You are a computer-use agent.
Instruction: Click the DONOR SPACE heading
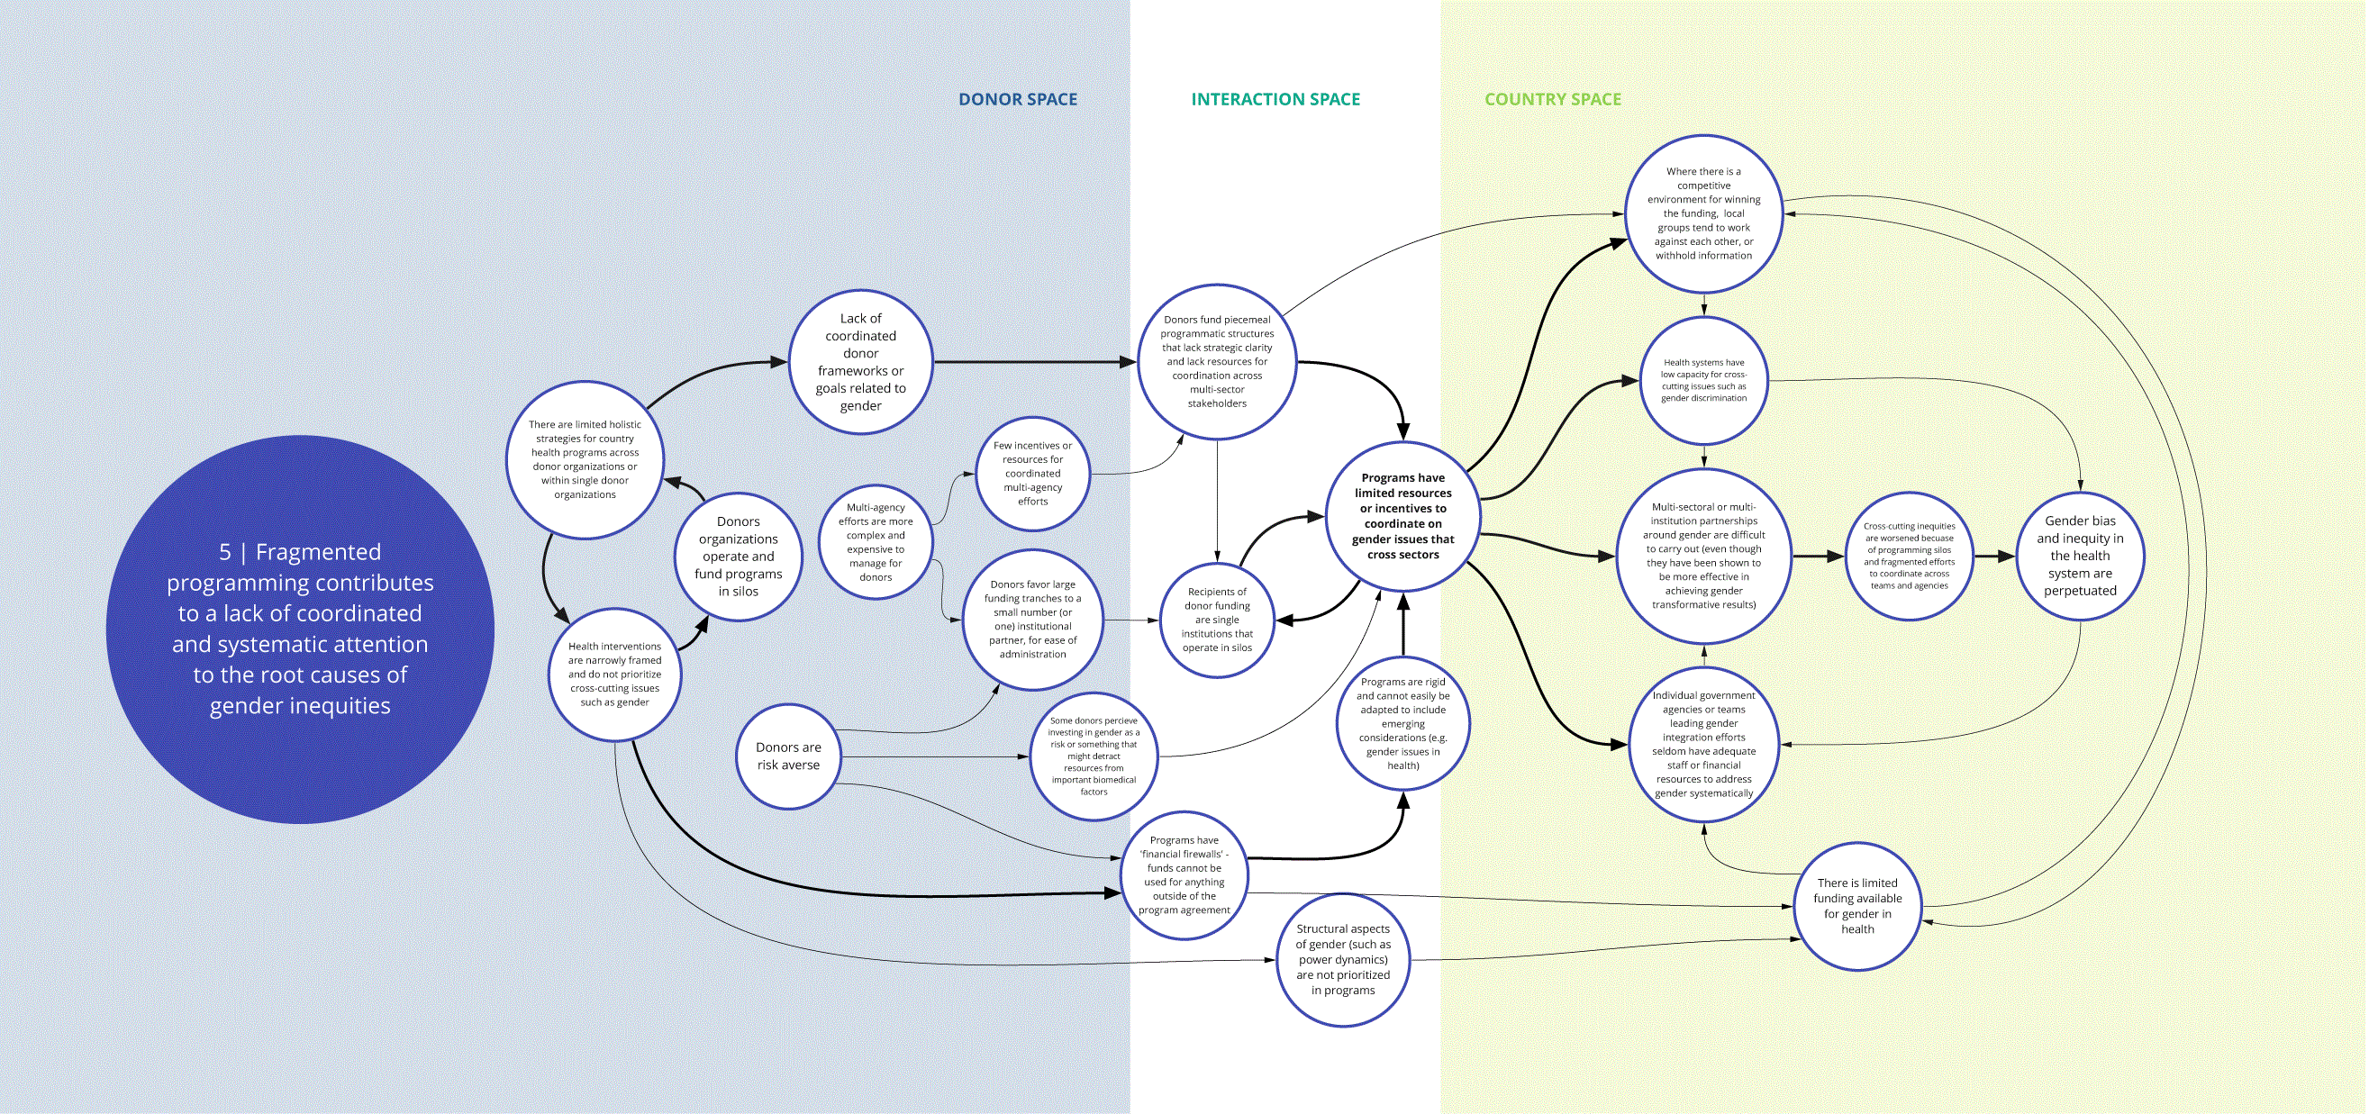pyautogui.click(x=1017, y=99)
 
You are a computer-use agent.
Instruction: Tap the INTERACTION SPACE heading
pyautogui.click(x=1275, y=99)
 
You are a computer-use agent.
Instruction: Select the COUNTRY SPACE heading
pyautogui.click(x=1552, y=99)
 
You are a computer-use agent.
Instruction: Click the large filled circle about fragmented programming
pyautogui.click(x=300, y=629)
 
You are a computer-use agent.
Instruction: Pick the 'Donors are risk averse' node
pyautogui.click(x=788, y=756)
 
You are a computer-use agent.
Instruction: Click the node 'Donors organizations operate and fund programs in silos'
pyautogui.click(x=738, y=556)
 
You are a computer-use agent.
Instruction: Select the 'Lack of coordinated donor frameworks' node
pyautogui.click(x=861, y=362)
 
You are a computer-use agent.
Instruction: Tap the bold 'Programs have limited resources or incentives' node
pyautogui.click(x=1402, y=517)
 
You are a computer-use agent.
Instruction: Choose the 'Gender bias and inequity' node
pyautogui.click(x=2080, y=556)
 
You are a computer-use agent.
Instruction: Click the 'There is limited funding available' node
pyautogui.click(x=1857, y=906)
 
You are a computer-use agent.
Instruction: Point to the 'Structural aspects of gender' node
pyautogui.click(x=1343, y=960)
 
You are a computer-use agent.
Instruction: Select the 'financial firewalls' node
pyautogui.click(x=1184, y=875)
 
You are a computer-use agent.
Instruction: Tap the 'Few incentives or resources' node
pyautogui.click(x=1033, y=474)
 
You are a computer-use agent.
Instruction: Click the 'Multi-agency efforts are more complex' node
pyautogui.click(x=876, y=542)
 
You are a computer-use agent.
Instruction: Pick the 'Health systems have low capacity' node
pyautogui.click(x=1704, y=381)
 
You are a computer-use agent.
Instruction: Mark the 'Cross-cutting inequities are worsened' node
pyautogui.click(x=1910, y=556)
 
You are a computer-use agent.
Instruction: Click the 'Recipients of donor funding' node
pyautogui.click(x=1217, y=620)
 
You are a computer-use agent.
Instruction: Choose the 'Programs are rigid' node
pyautogui.click(x=1402, y=723)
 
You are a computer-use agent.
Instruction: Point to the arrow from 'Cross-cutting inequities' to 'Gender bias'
pyautogui.click(x=1994, y=556)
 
